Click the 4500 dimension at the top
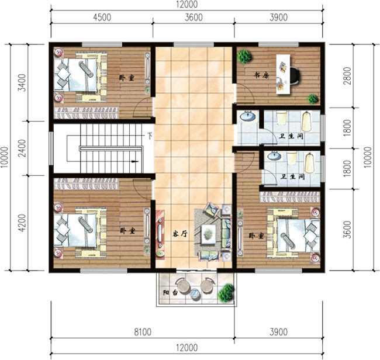click(102, 18)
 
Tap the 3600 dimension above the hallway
click(194, 18)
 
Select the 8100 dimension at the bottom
click(143, 332)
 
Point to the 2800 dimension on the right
click(347, 75)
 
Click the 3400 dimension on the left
click(22, 82)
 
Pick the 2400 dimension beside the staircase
click(22, 148)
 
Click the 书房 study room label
click(261, 75)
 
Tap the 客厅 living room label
click(180, 234)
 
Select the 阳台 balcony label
click(170, 292)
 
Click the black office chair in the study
click(295, 75)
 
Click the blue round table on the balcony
click(195, 294)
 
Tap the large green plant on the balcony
click(226, 293)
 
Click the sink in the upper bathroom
click(248, 116)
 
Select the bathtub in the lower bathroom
click(310, 163)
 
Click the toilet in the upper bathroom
click(282, 117)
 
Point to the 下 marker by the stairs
click(150, 136)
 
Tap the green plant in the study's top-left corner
click(244, 56)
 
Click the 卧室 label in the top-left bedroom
click(126, 78)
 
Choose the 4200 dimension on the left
click(22, 223)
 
